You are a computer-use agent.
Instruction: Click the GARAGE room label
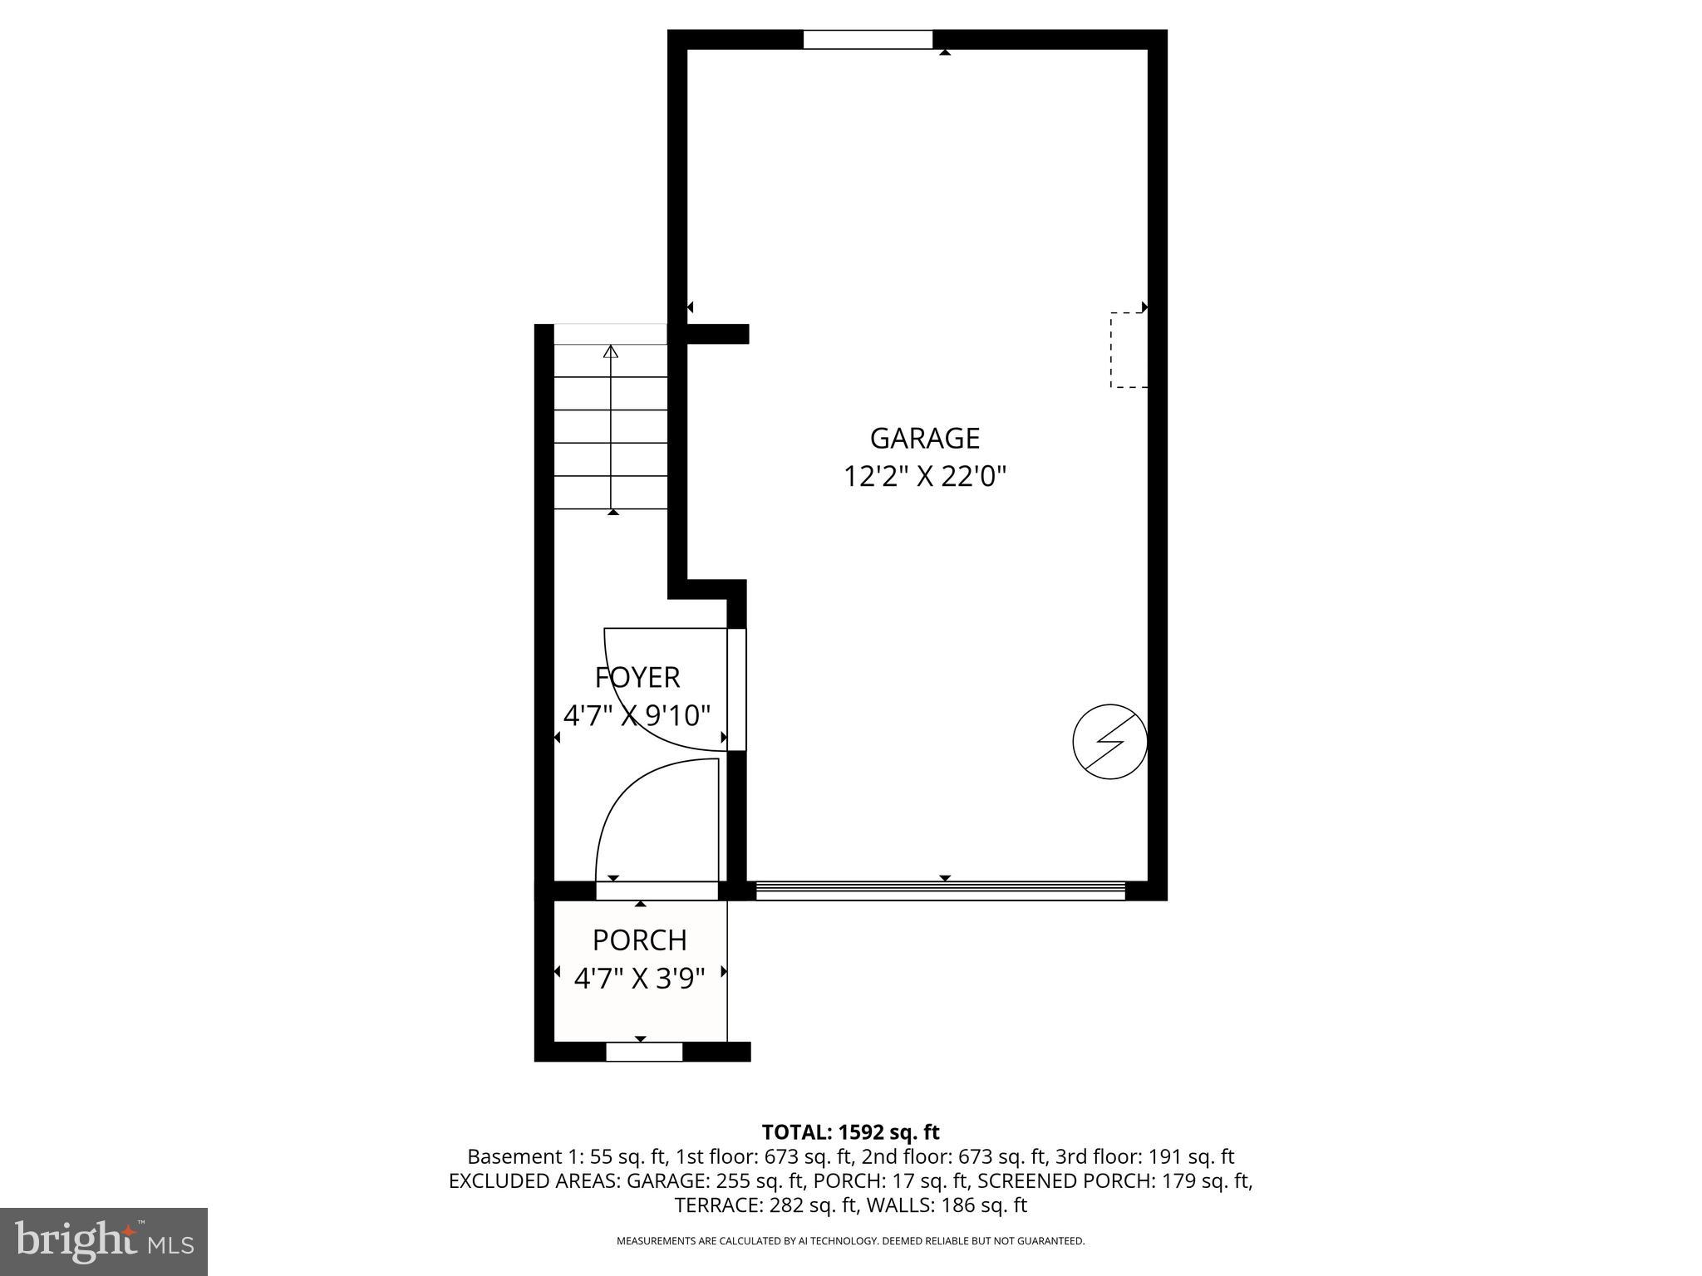click(x=924, y=438)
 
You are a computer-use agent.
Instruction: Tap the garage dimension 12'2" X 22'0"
click(x=925, y=477)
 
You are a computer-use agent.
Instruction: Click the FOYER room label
click(x=637, y=678)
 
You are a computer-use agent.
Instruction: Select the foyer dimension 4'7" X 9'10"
click(x=637, y=715)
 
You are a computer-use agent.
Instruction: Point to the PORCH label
click(x=640, y=940)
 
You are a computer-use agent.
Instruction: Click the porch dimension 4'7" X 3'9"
click(x=640, y=979)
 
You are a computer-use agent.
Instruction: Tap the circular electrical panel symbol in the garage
click(x=1110, y=742)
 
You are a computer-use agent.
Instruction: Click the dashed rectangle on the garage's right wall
click(x=1129, y=350)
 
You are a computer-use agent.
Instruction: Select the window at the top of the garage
click(x=868, y=40)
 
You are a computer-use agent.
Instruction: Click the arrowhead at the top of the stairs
click(x=611, y=351)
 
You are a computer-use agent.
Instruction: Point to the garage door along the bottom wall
click(x=939, y=891)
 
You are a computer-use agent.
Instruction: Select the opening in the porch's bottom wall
click(x=644, y=1052)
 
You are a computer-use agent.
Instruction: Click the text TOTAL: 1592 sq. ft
click(x=850, y=1132)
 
